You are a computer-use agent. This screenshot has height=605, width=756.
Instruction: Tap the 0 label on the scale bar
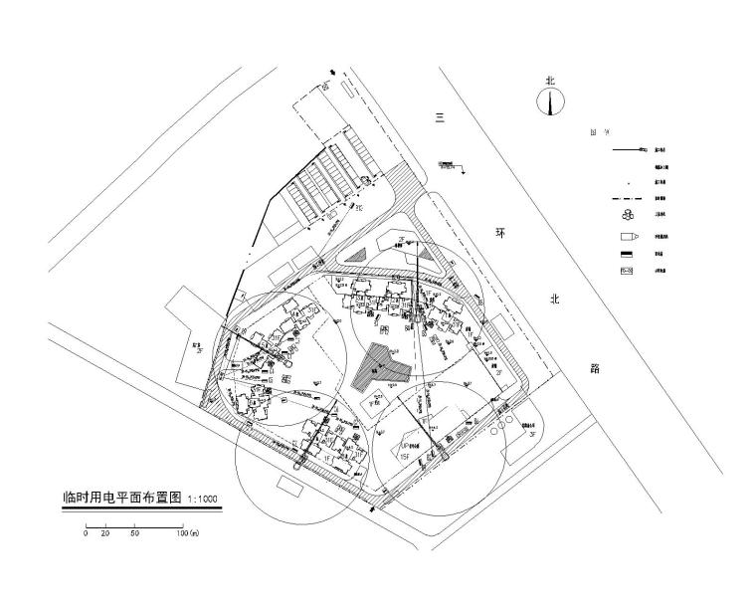click(x=87, y=534)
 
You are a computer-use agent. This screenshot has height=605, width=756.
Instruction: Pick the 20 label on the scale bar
click(x=105, y=534)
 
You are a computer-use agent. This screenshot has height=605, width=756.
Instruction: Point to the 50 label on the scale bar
click(x=134, y=534)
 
